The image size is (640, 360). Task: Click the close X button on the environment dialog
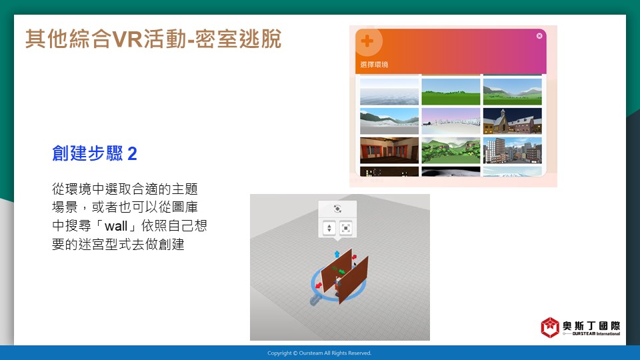tap(539, 36)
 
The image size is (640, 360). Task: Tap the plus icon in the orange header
tap(367, 41)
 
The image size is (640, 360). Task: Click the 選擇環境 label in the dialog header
tap(374, 65)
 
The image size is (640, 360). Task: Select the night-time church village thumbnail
tap(512, 121)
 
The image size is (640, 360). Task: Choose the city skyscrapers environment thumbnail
tap(512, 150)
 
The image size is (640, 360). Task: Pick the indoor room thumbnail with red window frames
tap(389, 150)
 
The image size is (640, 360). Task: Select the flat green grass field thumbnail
tap(451, 92)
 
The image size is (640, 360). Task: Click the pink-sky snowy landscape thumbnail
tap(451, 121)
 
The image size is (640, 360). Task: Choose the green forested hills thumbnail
tap(451, 150)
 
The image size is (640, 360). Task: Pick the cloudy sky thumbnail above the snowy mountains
tap(389, 92)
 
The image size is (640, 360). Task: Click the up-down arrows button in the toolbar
tap(329, 228)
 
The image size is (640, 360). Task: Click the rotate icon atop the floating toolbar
tap(337, 209)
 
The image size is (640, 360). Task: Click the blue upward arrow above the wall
tap(337, 254)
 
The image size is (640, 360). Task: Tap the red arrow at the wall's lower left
tap(319, 285)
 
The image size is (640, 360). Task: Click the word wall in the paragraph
tap(116, 226)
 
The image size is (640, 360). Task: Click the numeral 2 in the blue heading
tap(132, 154)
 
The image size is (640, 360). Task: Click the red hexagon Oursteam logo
tap(550, 327)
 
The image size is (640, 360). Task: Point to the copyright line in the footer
tap(319, 353)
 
